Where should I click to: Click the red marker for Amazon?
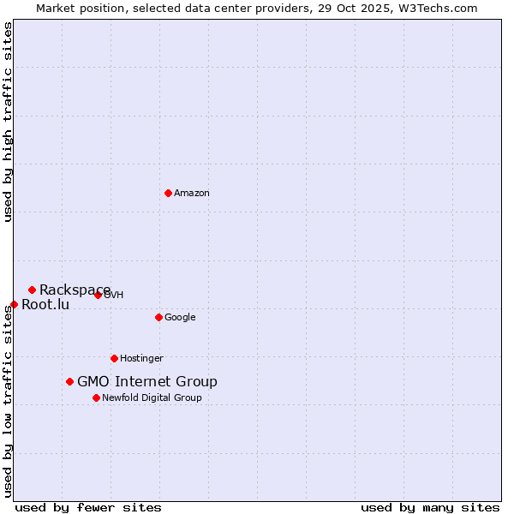coord(168,193)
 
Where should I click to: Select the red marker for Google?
coord(158,317)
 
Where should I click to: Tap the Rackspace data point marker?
coord(32,290)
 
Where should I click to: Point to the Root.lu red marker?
coord(14,304)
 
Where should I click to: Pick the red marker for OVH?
coord(98,295)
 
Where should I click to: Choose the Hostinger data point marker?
coord(114,358)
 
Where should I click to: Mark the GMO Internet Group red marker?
coord(69,381)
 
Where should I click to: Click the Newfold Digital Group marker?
coord(96,397)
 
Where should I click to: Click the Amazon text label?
coord(192,194)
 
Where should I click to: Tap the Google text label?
coord(180,318)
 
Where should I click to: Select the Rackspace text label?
coord(75,290)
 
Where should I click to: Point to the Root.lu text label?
coord(45,304)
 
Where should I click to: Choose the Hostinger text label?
coord(141,359)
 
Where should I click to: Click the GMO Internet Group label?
coord(147,381)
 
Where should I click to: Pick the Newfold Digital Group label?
coord(152,397)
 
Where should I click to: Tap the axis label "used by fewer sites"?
coord(88,507)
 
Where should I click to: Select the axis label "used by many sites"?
coord(430,507)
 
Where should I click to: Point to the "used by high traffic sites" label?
coord(8,122)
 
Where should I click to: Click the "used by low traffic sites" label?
coord(8,401)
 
